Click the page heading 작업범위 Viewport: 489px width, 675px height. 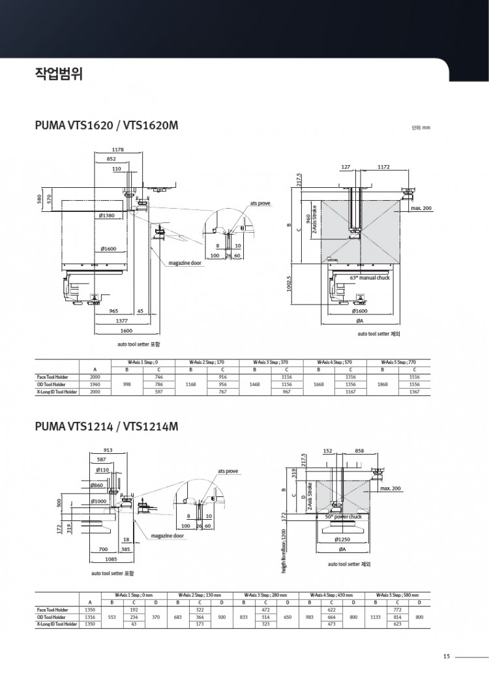point(57,72)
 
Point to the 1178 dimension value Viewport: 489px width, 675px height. point(119,150)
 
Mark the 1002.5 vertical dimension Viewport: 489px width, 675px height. point(289,284)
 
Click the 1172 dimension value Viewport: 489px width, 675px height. point(383,168)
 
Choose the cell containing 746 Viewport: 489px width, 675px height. point(158,377)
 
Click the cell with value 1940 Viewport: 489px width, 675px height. point(95,385)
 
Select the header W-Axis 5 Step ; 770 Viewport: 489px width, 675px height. point(399,361)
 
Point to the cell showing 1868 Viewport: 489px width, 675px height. point(383,385)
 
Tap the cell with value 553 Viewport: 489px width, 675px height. point(111,617)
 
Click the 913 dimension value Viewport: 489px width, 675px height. point(108,449)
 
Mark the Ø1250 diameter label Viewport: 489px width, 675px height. point(344,539)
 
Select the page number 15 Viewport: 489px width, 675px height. point(446,656)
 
